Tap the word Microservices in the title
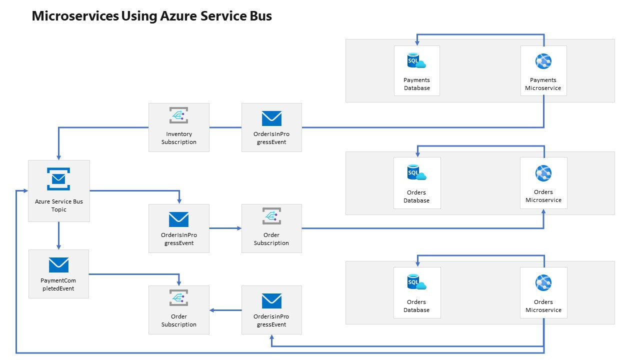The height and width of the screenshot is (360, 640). click(x=75, y=16)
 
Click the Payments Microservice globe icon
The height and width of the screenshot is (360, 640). click(x=543, y=61)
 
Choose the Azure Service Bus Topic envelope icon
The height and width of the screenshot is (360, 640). click(x=58, y=178)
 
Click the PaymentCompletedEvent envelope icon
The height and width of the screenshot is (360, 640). click(x=58, y=265)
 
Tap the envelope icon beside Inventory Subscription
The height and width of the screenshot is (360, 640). click(x=271, y=118)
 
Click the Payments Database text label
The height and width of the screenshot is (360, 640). click(x=416, y=84)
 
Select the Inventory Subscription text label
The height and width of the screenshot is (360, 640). click(x=178, y=138)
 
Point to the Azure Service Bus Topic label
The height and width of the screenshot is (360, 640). click(x=58, y=205)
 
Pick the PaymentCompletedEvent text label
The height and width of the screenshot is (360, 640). click(x=58, y=284)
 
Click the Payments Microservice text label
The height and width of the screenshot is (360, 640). click(x=543, y=84)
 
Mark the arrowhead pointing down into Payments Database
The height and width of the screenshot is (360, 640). click(x=417, y=42)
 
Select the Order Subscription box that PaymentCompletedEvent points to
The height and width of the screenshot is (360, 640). click(x=178, y=310)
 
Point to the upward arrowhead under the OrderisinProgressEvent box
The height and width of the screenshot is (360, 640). click(x=271, y=338)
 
